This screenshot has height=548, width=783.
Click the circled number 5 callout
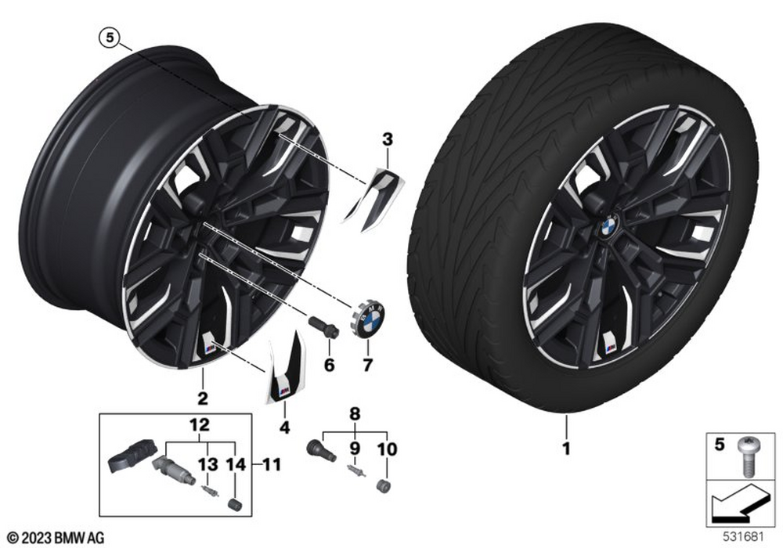(110, 38)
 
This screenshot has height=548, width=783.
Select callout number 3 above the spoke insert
(388, 140)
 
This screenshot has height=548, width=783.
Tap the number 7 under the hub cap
(367, 366)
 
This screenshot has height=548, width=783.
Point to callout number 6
(329, 365)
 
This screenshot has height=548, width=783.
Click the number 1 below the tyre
(566, 449)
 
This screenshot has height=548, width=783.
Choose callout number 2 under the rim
(202, 398)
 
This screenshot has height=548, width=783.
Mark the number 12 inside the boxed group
(199, 425)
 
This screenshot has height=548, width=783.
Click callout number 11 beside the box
(271, 465)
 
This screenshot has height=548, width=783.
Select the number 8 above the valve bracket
(355, 414)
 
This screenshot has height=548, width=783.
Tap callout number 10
(387, 449)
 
